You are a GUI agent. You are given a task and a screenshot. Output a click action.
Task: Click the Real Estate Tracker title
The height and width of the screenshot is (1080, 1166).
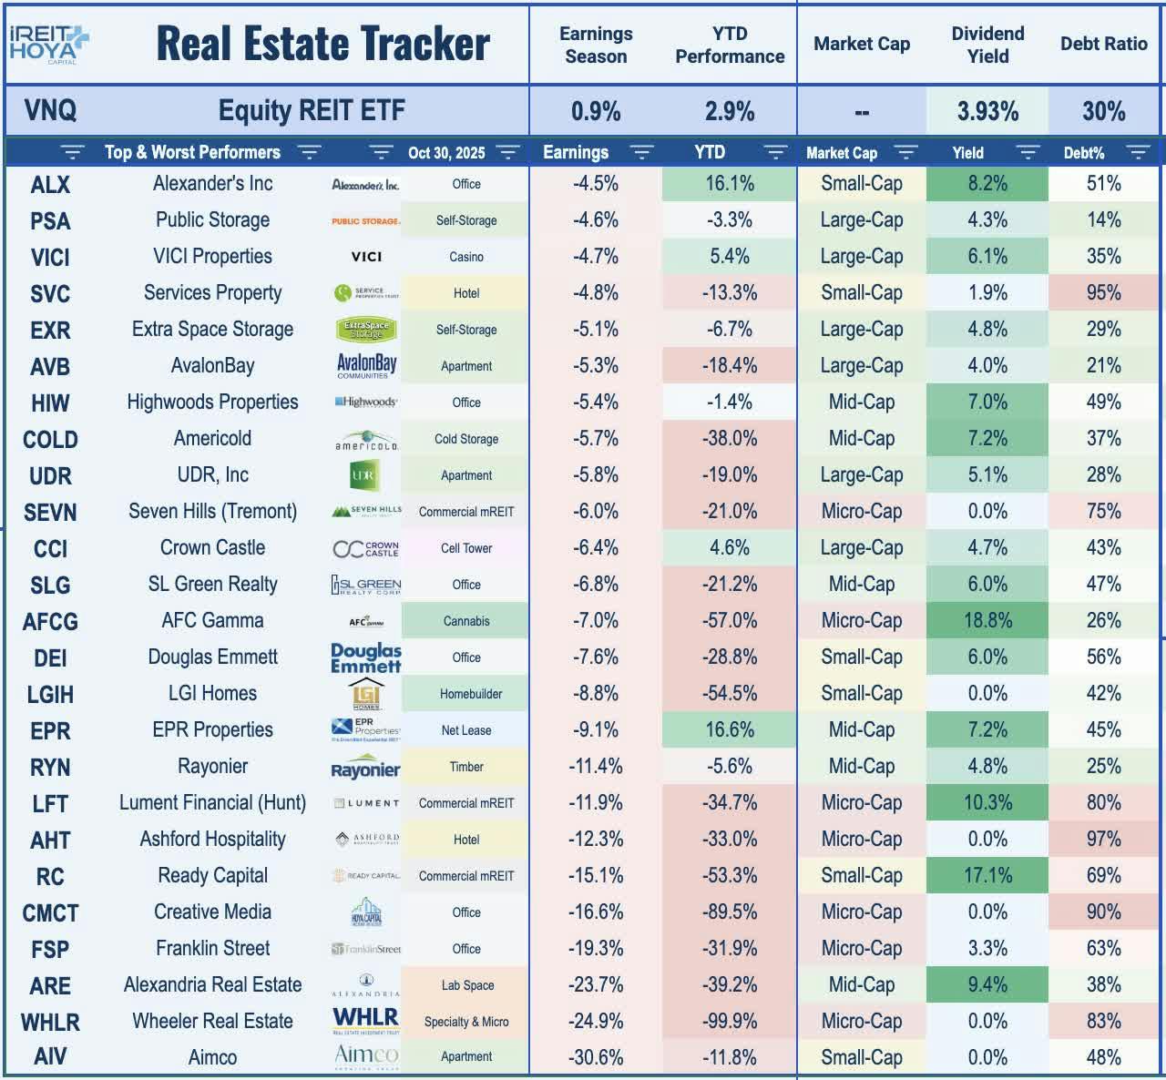coord(323,44)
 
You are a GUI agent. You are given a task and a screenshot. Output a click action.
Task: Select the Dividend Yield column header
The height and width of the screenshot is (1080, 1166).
coord(987,45)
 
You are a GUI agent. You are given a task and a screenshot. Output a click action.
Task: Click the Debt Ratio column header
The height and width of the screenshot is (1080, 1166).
coord(1103,44)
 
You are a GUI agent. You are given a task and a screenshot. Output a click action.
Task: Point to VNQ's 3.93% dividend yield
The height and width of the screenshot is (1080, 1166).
coord(987,112)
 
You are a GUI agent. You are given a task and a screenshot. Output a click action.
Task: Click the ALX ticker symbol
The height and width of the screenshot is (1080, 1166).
coord(50,185)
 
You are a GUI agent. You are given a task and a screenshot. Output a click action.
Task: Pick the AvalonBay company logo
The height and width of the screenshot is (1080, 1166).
coord(366,366)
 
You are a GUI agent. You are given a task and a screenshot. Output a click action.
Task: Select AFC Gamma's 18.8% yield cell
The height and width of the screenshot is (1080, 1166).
coord(987,621)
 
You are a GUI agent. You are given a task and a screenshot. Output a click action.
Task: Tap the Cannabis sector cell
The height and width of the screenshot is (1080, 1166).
coord(465,621)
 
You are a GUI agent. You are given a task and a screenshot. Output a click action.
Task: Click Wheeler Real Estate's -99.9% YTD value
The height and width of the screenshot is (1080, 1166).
coord(730,1022)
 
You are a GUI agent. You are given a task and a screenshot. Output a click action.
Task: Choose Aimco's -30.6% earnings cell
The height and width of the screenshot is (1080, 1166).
coord(596,1058)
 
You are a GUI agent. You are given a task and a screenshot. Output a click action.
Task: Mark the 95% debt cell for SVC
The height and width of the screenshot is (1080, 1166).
coord(1103,293)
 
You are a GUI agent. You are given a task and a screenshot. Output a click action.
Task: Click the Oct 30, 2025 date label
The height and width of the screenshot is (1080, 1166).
coord(446,153)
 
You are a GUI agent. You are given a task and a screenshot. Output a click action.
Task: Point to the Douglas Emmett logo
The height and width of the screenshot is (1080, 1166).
coord(366,657)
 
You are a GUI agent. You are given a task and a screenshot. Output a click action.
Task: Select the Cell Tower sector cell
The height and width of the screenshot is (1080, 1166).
coord(465,548)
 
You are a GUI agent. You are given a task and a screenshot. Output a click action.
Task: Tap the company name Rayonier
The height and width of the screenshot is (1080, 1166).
coord(212,767)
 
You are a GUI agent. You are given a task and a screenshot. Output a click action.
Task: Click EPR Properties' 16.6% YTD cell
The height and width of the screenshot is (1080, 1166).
coord(730,730)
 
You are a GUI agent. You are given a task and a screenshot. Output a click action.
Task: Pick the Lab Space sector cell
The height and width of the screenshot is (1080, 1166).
coord(465,985)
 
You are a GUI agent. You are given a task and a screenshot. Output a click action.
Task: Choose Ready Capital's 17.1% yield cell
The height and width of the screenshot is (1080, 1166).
coord(987,876)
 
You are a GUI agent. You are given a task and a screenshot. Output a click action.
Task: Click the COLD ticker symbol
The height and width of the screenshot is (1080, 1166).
coord(50,440)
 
